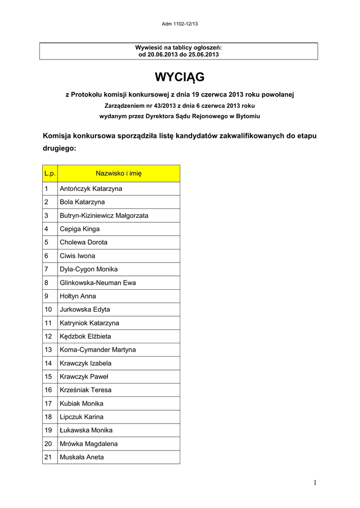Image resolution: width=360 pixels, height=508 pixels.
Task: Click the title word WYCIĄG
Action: [x=179, y=77]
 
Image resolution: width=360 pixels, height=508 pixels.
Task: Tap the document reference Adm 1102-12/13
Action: [x=180, y=24]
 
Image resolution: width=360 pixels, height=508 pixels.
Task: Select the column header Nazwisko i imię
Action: [x=119, y=173]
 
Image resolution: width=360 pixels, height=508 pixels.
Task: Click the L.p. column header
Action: [x=49, y=173]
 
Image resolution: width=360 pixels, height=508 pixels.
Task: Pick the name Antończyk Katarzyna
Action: [x=91, y=189]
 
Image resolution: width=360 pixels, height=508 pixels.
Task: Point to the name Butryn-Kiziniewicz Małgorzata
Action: [x=104, y=216]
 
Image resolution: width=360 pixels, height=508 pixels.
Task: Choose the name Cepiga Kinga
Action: [x=79, y=229]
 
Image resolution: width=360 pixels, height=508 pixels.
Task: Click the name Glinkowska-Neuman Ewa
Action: [x=98, y=283]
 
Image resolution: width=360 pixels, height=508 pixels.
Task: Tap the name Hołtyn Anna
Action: [x=78, y=296]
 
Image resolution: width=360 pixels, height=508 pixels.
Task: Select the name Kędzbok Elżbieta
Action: [x=85, y=336]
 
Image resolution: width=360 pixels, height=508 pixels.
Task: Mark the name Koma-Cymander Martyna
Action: [x=97, y=350]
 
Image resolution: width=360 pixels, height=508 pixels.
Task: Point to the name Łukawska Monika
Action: [x=86, y=430]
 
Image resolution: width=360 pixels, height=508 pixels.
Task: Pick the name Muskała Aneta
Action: [x=82, y=457]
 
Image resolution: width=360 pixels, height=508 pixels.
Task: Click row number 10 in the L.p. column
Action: [x=49, y=310]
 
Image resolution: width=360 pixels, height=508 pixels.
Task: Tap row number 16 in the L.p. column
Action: [x=49, y=390]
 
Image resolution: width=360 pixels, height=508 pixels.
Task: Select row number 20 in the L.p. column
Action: [x=49, y=444]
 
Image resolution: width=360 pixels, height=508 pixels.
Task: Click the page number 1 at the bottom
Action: [x=315, y=483]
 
